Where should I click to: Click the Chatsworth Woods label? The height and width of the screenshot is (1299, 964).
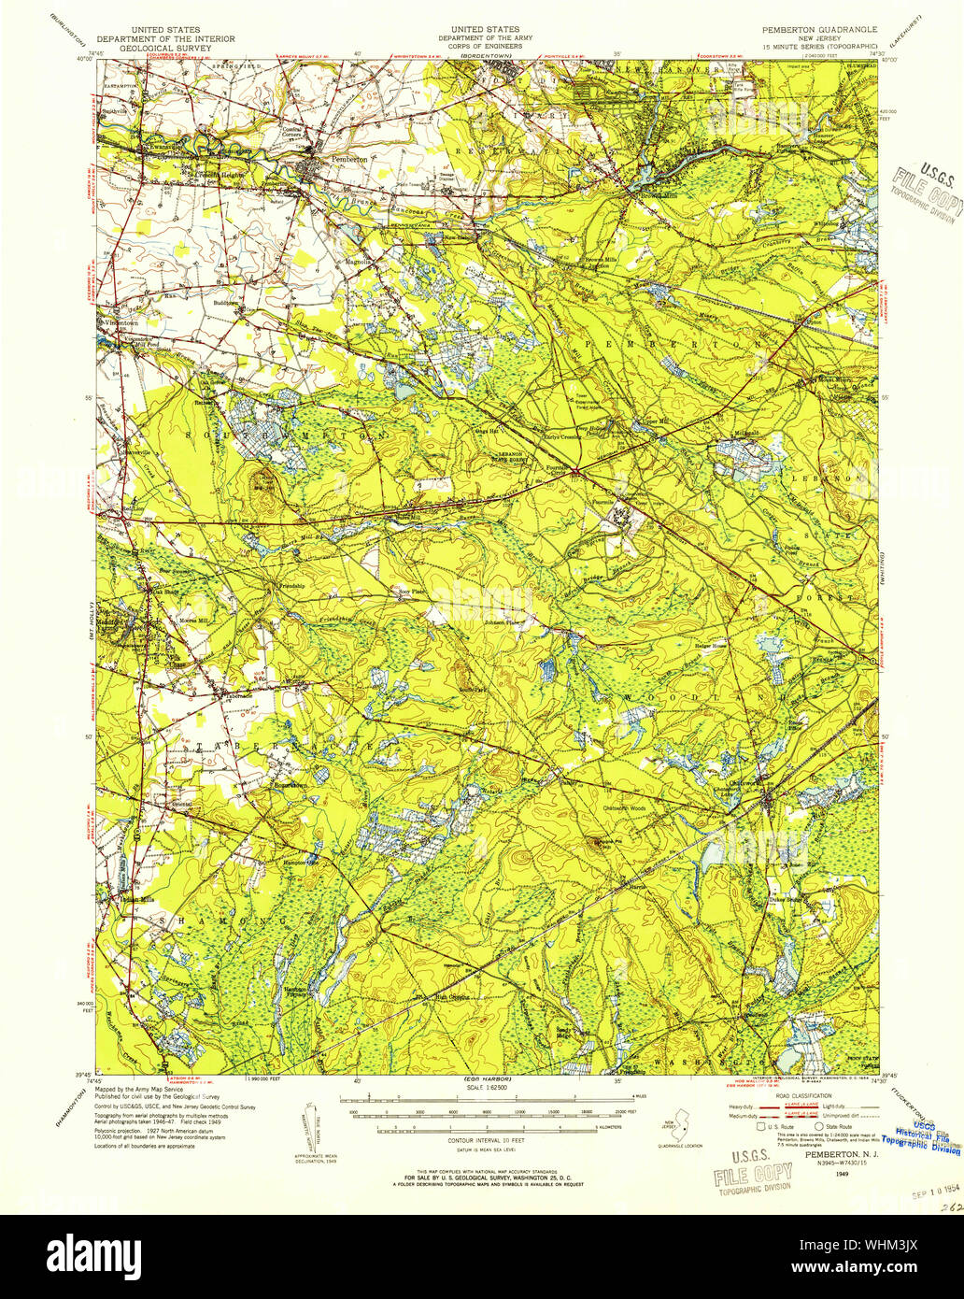click(x=624, y=807)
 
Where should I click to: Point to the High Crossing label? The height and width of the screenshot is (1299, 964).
click(x=454, y=994)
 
